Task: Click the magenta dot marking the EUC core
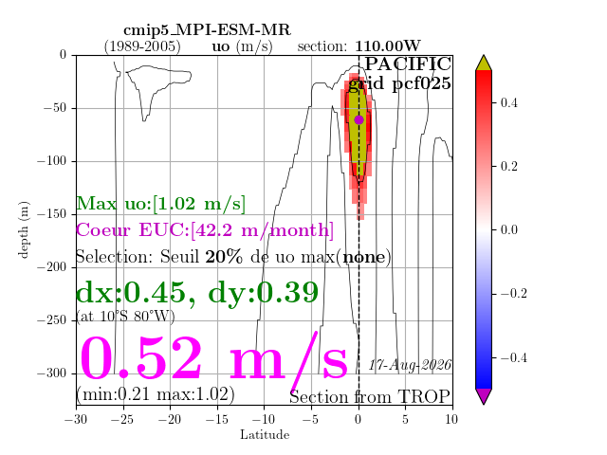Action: [x=359, y=120]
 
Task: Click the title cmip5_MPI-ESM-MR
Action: [x=207, y=30]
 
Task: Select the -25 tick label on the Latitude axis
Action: [x=124, y=419]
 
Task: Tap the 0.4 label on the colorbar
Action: [x=508, y=103]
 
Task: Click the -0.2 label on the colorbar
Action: [x=514, y=293]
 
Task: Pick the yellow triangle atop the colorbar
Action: [x=484, y=64]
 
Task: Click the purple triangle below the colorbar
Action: [x=484, y=396]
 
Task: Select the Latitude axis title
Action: [x=265, y=435]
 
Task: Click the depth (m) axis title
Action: [x=23, y=229]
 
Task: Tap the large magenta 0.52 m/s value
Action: [x=213, y=358]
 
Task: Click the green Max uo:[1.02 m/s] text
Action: [x=160, y=204]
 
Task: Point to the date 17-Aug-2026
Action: [x=410, y=365]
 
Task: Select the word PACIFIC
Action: [x=408, y=64]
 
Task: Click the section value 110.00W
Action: [x=388, y=46]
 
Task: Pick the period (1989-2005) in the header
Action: [x=142, y=46]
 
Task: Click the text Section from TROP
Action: [x=370, y=397]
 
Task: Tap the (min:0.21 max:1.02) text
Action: [x=156, y=394]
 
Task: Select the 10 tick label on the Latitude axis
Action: [x=451, y=419]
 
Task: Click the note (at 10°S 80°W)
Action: [x=125, y=317]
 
